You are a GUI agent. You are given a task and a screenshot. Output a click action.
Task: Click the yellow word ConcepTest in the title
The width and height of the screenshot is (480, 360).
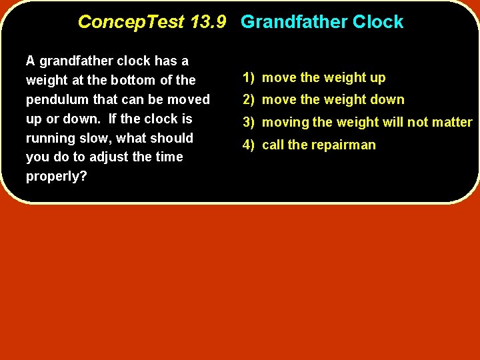click(131, 22)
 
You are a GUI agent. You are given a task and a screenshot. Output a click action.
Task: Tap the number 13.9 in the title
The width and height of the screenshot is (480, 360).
click(209, 22)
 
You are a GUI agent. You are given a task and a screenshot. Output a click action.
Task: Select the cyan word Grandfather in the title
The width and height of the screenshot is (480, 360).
click(294, 22)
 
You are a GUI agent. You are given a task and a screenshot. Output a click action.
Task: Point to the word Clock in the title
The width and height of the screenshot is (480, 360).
click(378, 22)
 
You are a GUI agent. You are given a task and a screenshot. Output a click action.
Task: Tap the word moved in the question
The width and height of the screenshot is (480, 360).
click(189, 99)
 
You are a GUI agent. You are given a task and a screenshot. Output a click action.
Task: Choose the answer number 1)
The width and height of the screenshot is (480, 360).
click(249, 78)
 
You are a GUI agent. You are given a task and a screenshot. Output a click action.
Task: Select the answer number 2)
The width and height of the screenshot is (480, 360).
click(249, 100)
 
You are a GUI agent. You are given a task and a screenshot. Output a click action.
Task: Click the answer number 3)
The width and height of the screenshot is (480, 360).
click(249, 123)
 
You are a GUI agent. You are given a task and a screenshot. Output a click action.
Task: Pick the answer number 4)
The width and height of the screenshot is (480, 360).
click(249, 145)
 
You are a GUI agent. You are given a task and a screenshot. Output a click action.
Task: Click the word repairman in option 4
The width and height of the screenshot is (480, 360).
click(344, 145)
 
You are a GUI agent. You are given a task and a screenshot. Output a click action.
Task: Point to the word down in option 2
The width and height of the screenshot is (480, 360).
click(388, 100)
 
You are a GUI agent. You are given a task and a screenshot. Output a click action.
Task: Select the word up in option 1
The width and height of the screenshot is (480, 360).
click(378, 78)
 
